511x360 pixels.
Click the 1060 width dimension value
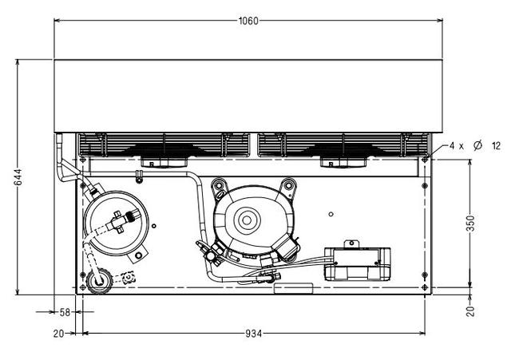click(x=248, y=21)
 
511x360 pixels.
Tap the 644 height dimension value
click(x=18, y=177)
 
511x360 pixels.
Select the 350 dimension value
click(x=471, y=224)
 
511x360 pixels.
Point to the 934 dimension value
click(x=254, y=334)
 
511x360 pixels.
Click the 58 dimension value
click(x=65, y=312)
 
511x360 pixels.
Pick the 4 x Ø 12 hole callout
click(x=475, y=145)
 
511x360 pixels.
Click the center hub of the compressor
click(x=247, y=220)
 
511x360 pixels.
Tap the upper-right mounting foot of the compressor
click(x=289, y=186)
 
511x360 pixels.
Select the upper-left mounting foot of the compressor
click(x=219, y=186)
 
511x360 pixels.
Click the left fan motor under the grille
click(x=164, y=162)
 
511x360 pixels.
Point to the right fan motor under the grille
click(x=343, y=162)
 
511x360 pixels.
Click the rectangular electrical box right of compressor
click(x=357, y=263)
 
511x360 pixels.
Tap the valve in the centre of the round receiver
click(x=121, y=221)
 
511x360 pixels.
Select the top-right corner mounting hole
click(x=425, y=160)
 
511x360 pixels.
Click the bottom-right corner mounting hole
click(x=425, y=287)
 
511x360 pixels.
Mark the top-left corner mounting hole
click(x=83, y=160)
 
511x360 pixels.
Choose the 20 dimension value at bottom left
click(x=58, y=334)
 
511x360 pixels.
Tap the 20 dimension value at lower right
click(x=470, y=311)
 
